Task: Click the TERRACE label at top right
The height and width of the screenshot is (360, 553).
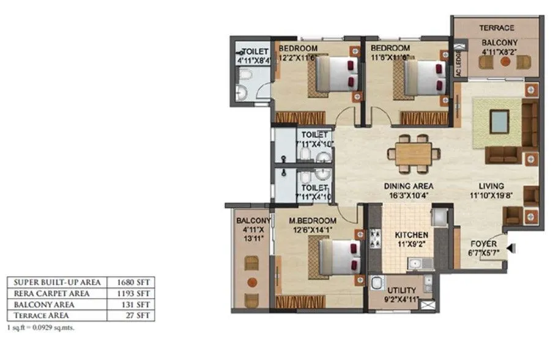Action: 496,28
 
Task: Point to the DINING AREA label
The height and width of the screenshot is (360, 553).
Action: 409,186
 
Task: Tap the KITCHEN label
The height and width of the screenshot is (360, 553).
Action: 411,235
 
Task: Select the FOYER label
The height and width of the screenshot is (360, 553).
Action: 483,242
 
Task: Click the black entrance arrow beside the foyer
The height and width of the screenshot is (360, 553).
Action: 513,248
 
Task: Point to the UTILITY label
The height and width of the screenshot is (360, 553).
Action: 401,290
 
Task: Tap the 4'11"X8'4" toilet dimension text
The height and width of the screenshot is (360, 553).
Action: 252,61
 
